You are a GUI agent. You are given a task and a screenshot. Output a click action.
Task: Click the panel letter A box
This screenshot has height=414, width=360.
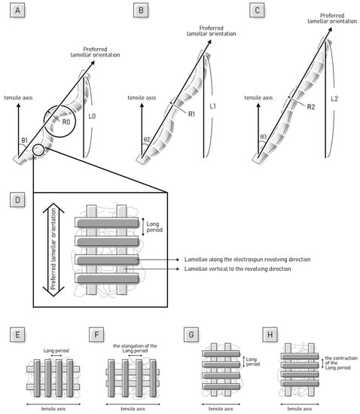pyautogui.click(x=17, y=11)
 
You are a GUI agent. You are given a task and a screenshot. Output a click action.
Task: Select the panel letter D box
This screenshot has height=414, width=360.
pyautogui.click(x=17, y=200)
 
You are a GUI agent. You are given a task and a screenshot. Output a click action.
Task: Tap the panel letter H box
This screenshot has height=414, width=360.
pyautogui.click(x=270, y=335)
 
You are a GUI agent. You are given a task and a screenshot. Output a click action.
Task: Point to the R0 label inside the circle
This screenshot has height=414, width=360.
pyautogui.click(x=66, y=122)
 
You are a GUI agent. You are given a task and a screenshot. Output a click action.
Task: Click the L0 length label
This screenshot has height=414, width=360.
pyautogui.click(x=92, y=116)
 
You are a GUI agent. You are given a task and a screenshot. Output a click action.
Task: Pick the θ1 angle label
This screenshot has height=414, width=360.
pyautogui.click(x=24, y=140)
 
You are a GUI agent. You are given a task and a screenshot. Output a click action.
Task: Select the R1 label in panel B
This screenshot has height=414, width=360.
pyautogui.click(x=191, y=114)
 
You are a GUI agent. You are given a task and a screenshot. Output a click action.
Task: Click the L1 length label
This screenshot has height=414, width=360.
pyautogui.click(x=212, y=106)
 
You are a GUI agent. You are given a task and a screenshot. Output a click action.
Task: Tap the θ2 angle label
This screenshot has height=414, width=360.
pyautogui.click(x=147, y=139)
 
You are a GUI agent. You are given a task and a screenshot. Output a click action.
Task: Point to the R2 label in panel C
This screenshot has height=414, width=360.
pyautogui.click(x=311, y=107)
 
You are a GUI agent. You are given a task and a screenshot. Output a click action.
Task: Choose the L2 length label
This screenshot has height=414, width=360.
pyautogui.click(x=334, y=99)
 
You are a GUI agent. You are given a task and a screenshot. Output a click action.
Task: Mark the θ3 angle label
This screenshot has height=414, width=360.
pyautogui.click(x=264, y=137)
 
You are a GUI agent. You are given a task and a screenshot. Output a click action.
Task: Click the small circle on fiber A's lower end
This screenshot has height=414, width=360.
pyautogui.click(x=38, y=150)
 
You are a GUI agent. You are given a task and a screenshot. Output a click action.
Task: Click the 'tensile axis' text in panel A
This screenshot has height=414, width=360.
pyautogui.click(x=18, y=98)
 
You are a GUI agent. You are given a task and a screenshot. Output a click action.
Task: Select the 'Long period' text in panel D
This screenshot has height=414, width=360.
pyautogui.click(x=154, y=227)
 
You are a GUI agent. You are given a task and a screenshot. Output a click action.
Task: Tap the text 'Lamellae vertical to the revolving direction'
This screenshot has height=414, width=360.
pyautogui.click(x=238, y=269)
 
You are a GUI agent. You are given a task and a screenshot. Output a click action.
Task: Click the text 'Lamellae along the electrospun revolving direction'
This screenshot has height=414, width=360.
pyautogui.click(x=248, y=259)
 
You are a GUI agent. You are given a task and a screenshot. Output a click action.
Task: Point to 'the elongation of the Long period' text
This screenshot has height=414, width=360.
pyautogui.click(x=135, y=349)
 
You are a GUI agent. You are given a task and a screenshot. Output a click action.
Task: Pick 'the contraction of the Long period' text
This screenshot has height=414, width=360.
pyautogui.click(x=341, y=363)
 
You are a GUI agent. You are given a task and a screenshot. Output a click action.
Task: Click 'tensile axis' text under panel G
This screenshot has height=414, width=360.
pyautogui.click(x=221, y=409)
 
